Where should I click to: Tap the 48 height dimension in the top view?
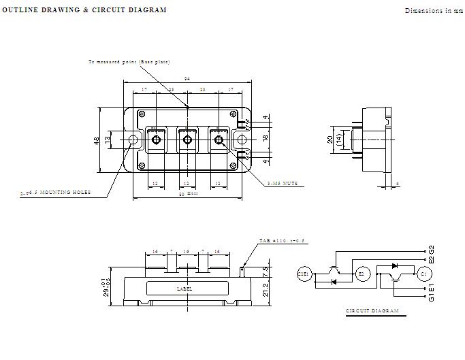pyautogui.click(x=97, y=140)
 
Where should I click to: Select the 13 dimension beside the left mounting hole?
pyautogui.click(x=108, y=140)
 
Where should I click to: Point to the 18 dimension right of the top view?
pyautogui.click(x=266, y=137)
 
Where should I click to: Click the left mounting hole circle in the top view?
pyautogui.click(x=133, y=141)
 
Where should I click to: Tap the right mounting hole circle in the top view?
pyautogui.click(x=240, y=141)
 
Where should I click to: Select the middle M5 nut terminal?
pyautogui.click(x=187, y=141)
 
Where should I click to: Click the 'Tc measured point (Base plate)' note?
pyautogui.click(x=129, y=62)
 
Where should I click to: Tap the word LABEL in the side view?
pyautogui.click(x=184, y=289)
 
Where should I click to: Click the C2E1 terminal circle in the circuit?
pyautogui.click(x=304, y=274)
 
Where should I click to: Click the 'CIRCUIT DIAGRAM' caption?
pyautogui.click(x=372, y=311)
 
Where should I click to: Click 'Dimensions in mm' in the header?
pyautogui.click(x=433, y=10)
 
